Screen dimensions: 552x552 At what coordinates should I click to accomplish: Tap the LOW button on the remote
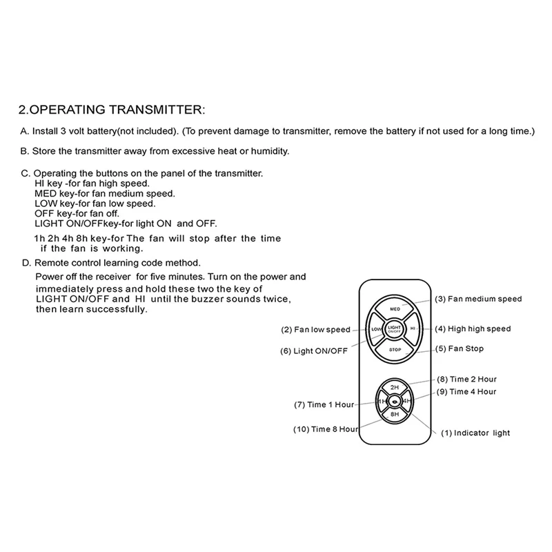(377, 329)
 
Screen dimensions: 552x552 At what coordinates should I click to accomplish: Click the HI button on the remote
(413, 329)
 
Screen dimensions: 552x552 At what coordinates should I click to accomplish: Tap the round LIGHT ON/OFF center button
(395, 329)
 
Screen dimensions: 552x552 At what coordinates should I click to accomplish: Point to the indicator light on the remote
(395, 402)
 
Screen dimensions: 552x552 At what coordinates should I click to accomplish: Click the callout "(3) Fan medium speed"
(478, 299)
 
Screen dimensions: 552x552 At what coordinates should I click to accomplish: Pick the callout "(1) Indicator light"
(475, 433)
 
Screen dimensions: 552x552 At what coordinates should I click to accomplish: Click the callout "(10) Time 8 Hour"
(325, 429)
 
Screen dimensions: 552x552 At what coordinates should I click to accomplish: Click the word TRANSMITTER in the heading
(154, 110)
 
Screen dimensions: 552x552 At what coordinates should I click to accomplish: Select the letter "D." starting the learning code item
(26, 263)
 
